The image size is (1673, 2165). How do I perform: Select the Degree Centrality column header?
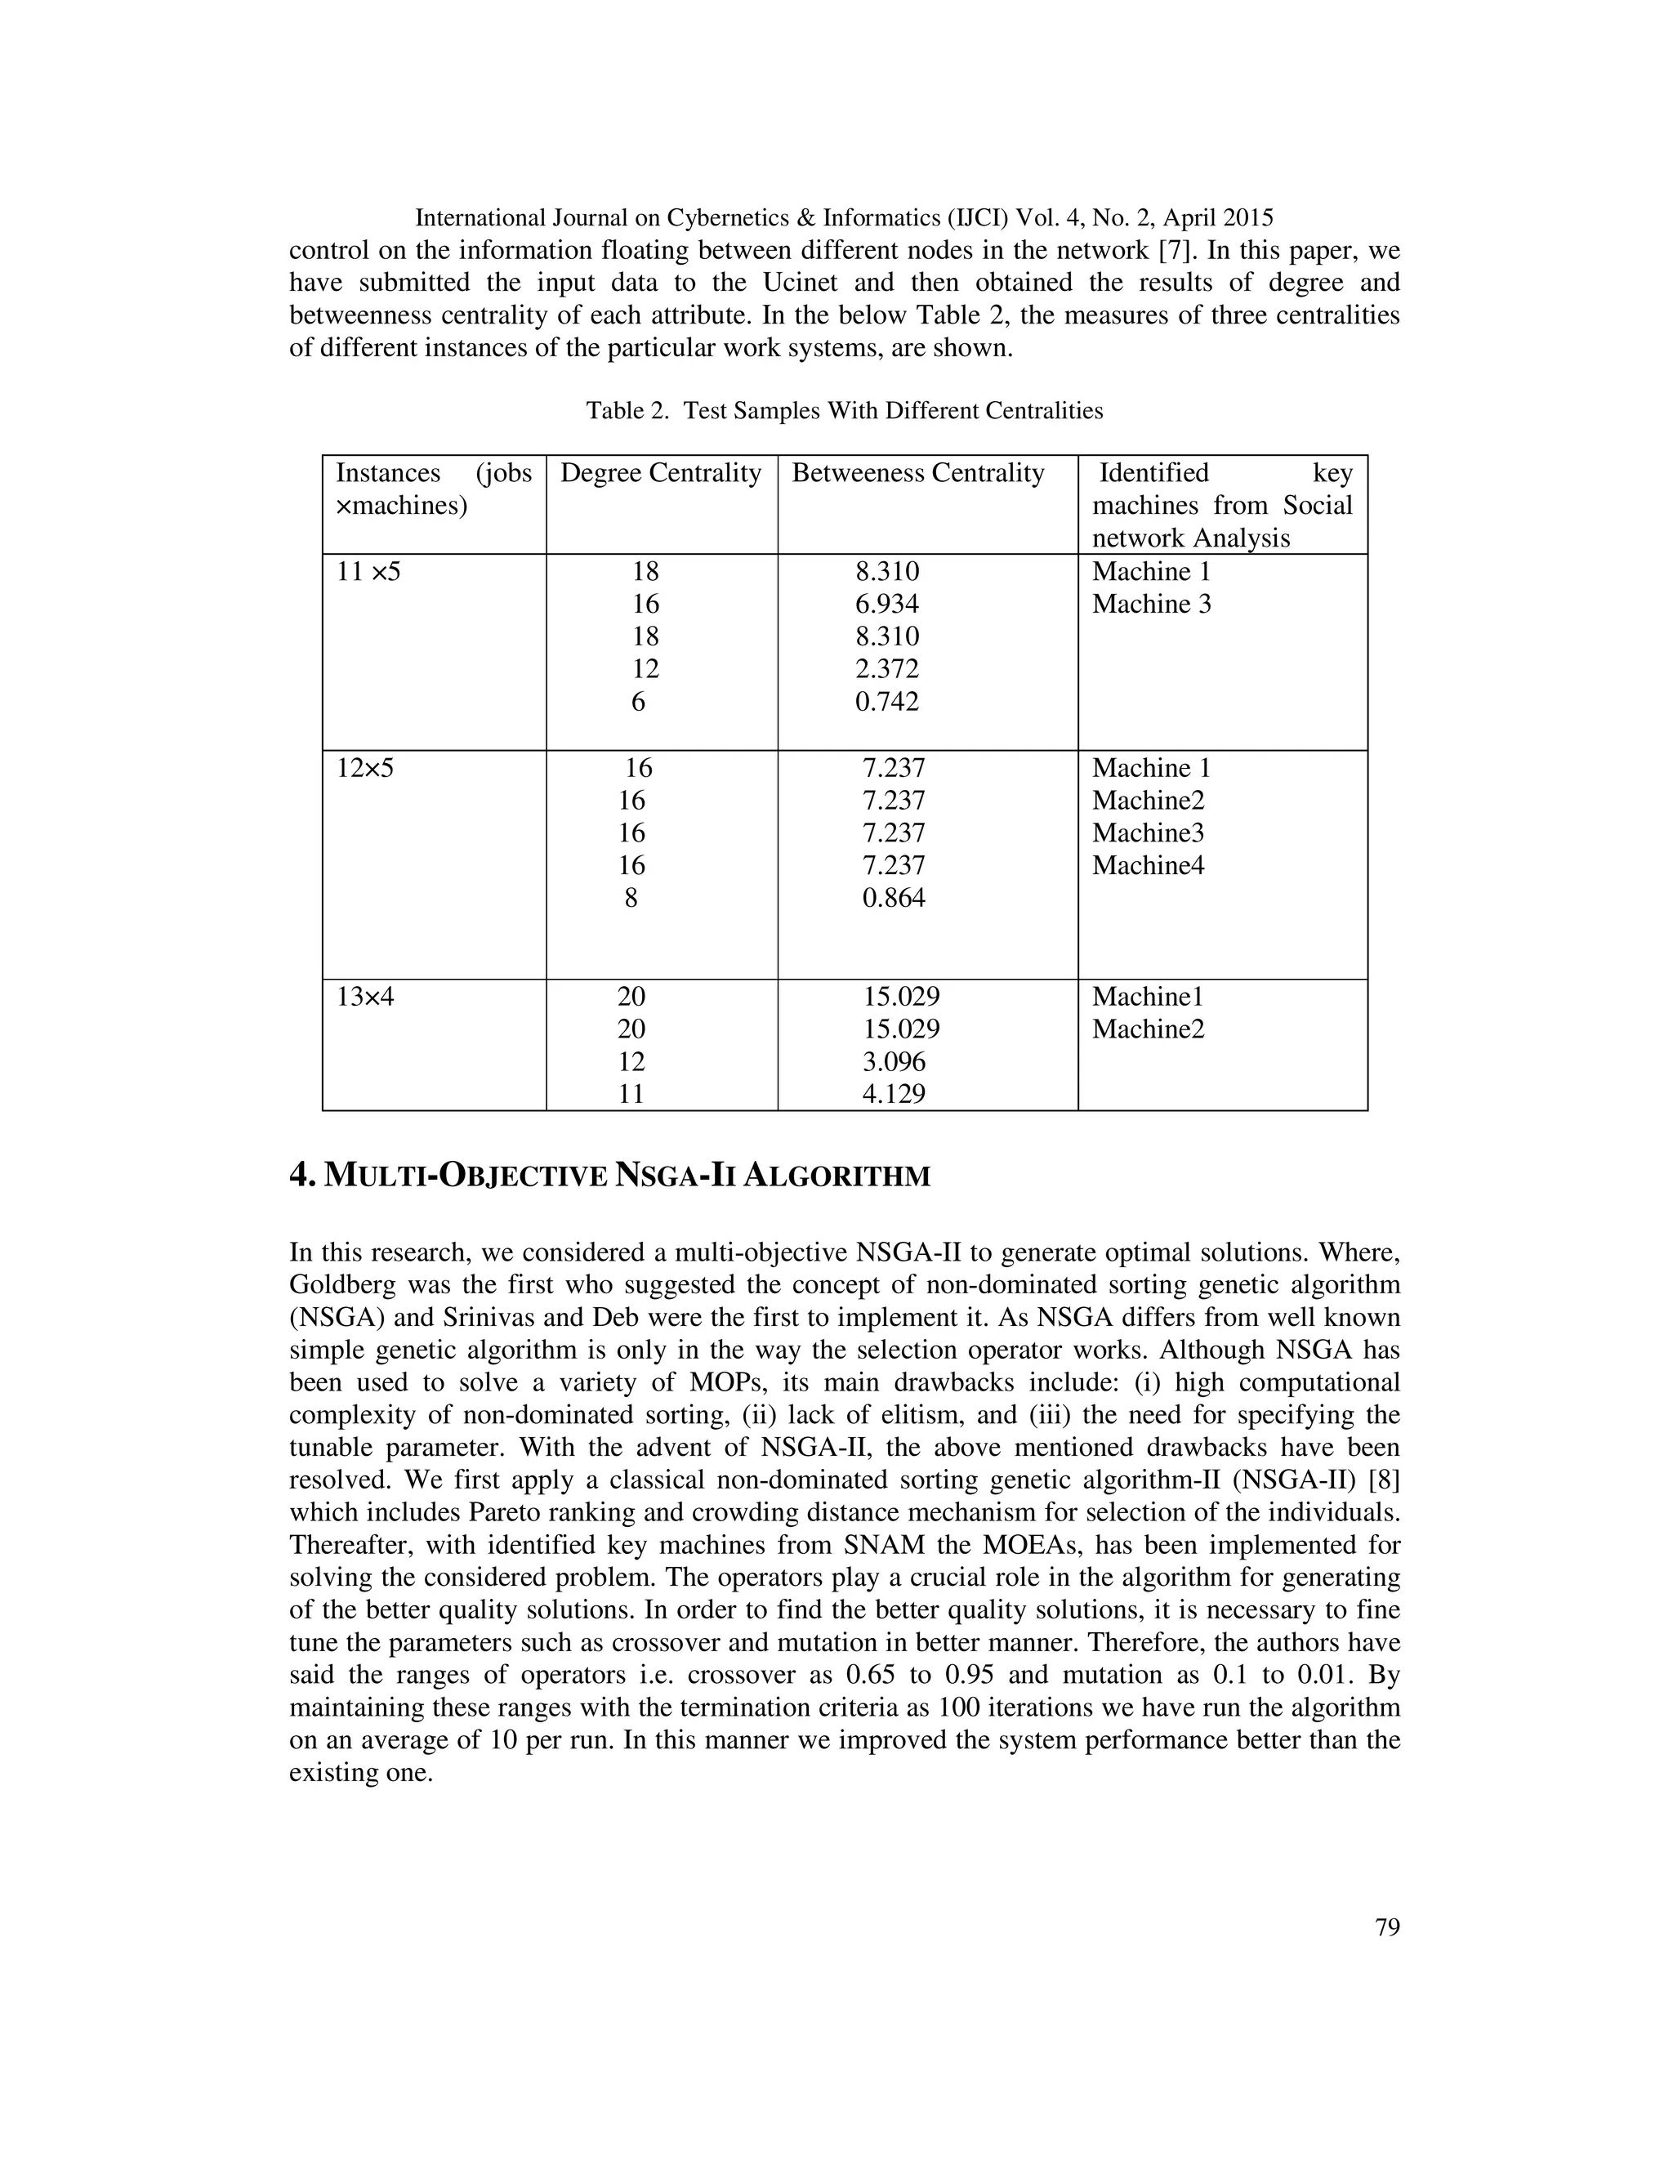(x=660, y=474)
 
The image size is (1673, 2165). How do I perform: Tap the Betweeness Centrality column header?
(x=917, y=474)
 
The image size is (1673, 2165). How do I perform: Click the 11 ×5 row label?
(x=368, y=572)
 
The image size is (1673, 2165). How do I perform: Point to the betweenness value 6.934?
(x=887, y=605)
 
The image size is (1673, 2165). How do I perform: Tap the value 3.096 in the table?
(x=894, y=1063)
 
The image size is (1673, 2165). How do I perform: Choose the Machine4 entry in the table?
(x=1148, y=866)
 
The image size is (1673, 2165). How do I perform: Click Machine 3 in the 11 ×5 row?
(x=1151, y=605)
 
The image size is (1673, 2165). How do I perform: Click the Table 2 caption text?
(x=843, y=410)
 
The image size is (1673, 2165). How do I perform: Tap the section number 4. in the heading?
(x=302, y=1176)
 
